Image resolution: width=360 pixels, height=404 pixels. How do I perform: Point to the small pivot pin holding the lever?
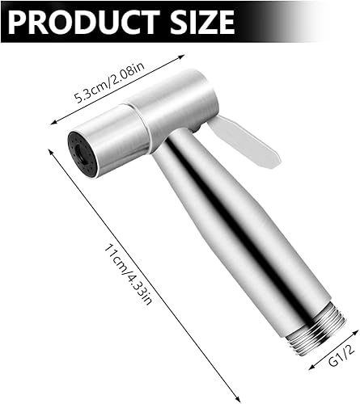(x=197, y=129)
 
